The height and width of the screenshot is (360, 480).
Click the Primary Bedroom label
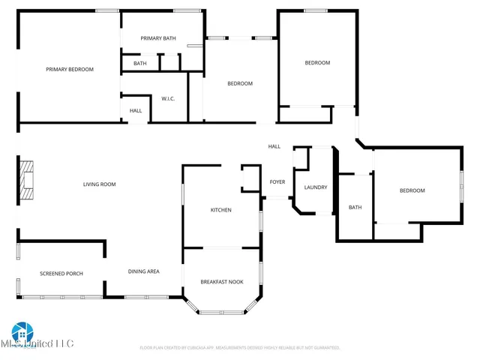click(70, 70)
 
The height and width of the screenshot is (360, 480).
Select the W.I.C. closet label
click(168, 98)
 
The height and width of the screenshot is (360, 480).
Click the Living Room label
click(99, 184)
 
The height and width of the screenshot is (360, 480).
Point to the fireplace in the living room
click(26, 181)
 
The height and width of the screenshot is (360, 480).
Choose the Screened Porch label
click(61, 273)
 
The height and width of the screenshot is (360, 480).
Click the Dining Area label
click(143, 271)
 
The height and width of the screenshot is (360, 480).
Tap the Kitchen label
click(220, 210)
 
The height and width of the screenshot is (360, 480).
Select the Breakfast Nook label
click(222, 282)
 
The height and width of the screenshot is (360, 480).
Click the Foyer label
click(277, 182)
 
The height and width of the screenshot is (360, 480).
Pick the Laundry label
click(315, 187)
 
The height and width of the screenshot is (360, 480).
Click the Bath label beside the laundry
click(355, 208)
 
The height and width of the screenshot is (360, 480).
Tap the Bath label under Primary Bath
click(140, 64)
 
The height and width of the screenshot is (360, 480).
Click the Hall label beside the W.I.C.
click(136, 111)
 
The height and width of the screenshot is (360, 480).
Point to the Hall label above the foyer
click(274, 146)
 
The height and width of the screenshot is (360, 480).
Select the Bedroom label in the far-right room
click(412, 190)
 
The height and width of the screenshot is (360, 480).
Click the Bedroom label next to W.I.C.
click(240, 83)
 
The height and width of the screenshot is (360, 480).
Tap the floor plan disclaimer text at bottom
click(240, 348)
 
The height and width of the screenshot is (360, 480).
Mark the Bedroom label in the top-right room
click(317, 63)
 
